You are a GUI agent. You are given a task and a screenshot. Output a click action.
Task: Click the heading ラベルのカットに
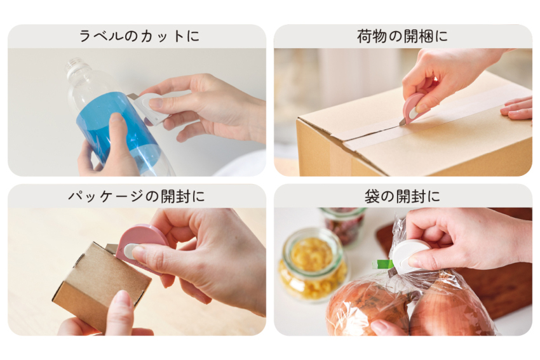[139, 36]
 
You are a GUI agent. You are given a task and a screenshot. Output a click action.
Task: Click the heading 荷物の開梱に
[402, 36]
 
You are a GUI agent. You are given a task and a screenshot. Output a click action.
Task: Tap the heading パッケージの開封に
[137, 196]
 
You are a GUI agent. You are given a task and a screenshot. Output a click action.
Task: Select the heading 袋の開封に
[402, 196]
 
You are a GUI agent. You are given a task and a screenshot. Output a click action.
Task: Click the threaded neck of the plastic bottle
[74, 65]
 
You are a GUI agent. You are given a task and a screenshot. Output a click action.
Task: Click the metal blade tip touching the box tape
[402, 123]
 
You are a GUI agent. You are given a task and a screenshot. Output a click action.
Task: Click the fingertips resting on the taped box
[516, 108]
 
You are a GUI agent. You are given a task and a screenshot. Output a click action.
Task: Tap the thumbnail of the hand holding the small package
[121, 300]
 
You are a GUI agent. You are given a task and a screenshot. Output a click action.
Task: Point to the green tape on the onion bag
[382, 264]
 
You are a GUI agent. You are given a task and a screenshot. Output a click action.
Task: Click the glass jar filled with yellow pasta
[313, 265]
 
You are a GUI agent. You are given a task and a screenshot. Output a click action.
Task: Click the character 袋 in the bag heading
[372, 196]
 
